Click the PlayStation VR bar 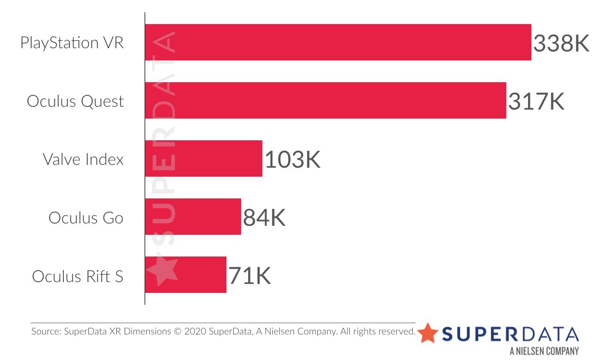338,42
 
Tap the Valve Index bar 204,159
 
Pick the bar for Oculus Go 193,217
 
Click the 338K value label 561,43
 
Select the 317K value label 536,102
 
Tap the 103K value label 292,160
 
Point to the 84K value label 264,218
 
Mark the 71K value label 250,276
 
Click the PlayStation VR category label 72,43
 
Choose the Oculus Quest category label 75,102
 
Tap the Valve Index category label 83,159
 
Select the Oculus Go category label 86,218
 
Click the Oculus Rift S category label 78,276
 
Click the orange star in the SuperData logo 428,333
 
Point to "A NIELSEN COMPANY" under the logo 544,351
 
